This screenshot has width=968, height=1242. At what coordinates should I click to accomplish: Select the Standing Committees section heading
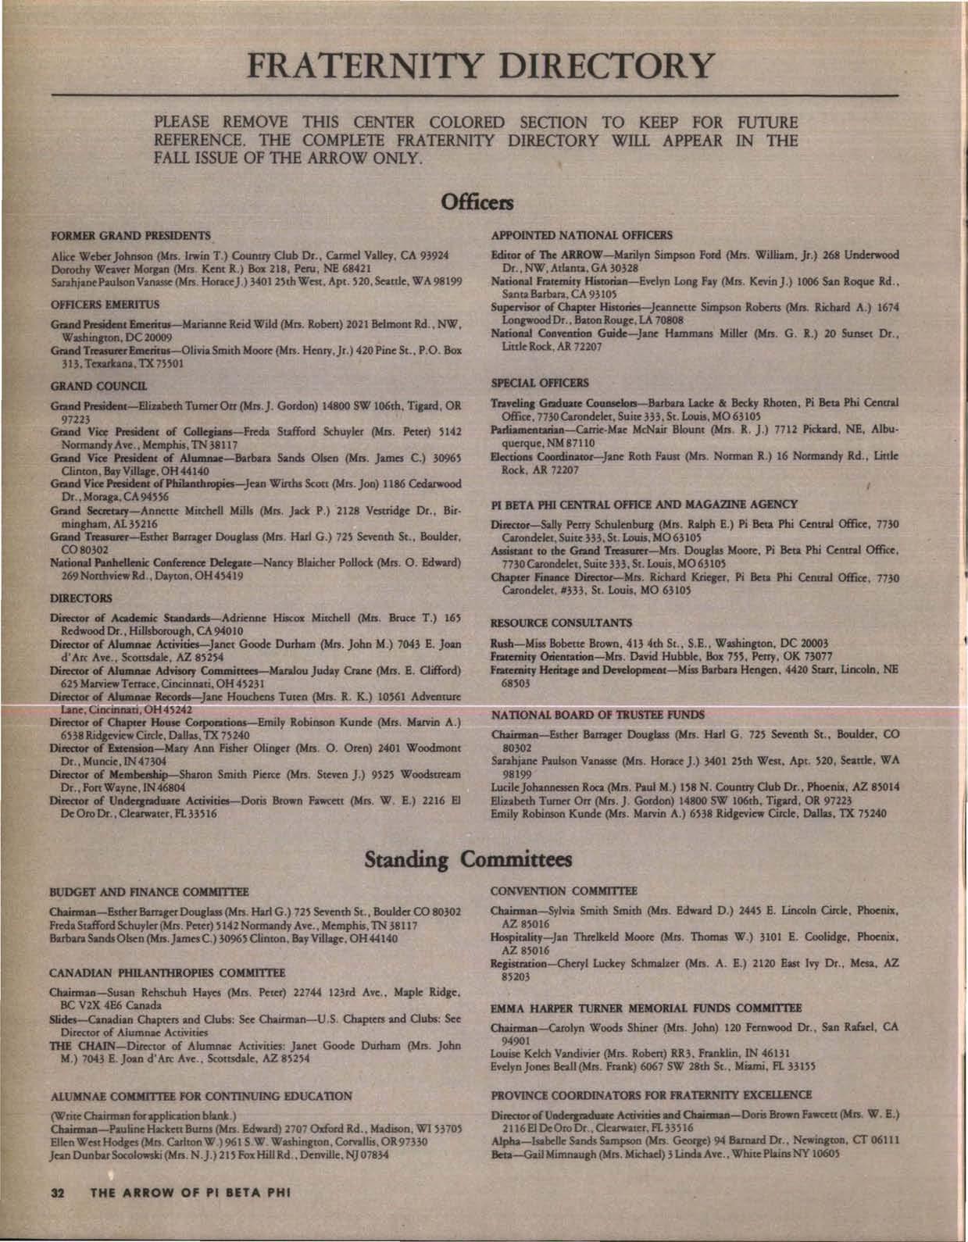(x=469, y=858)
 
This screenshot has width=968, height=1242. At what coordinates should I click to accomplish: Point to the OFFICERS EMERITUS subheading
(x=95, y=298)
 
